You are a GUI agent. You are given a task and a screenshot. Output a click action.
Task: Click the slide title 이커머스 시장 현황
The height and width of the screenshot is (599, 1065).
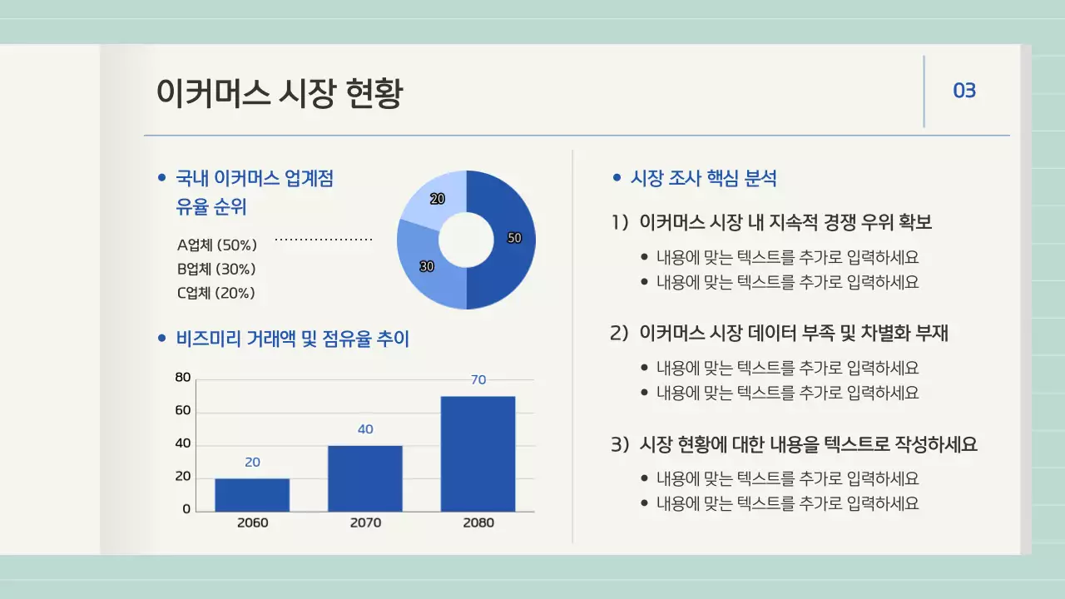(x=280, y=93)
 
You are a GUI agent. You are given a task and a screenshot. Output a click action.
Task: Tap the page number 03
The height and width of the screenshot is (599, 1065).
(x=963, y=91)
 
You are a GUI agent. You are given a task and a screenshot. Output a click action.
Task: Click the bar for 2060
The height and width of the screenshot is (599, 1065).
(x=252, y=495)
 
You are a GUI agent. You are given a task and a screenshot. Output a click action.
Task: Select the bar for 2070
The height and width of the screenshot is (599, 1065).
(x=364, y=478)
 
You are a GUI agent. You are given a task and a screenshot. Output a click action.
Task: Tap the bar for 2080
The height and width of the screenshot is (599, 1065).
(x=478, y=453)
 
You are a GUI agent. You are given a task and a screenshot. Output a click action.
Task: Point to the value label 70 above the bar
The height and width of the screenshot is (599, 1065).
(x=478, y=379)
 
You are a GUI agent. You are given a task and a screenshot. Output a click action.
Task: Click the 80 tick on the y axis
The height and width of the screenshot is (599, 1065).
(x=183, y=378)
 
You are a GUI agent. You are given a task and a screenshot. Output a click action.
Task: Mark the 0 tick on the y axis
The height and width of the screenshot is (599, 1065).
(x=186, y=509)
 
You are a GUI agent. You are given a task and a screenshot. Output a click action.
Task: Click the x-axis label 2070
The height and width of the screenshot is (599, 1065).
(x=365, y=522)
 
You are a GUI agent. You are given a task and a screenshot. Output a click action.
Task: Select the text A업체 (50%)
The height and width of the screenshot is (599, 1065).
(x=216, y=245)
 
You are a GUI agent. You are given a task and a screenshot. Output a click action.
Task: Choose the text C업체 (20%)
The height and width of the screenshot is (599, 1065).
(x=215, y=293)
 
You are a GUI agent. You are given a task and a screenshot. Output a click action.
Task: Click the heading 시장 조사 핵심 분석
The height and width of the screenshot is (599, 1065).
(x=704, y=177)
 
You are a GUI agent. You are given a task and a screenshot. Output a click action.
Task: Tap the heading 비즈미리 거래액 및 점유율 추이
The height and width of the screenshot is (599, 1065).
(x=292, y=339)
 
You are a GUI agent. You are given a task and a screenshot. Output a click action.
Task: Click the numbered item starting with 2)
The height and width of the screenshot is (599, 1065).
(x=780, y=333)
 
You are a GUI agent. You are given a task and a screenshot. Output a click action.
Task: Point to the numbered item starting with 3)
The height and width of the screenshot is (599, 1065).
(x=794, y=444)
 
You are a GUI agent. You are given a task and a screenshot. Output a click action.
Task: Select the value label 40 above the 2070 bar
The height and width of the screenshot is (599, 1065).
(x=365, y=429)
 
